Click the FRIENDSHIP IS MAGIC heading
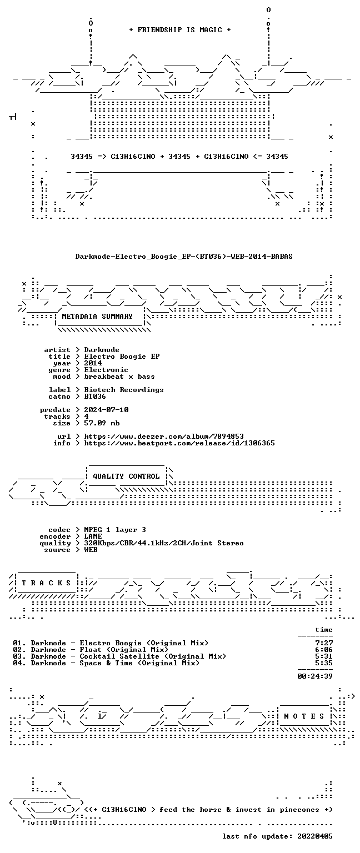tap(180, 29)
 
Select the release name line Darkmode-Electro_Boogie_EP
tap(184, 256)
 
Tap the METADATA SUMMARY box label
tap(97, 316)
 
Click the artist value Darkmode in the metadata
tap(102, 349)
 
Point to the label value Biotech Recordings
tap(124, 389)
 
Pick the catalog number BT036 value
tap(95, 397)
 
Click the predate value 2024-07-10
tap(106, 410)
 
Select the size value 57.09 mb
tap(102, 423)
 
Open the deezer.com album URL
tap(164, 436)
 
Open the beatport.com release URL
tap(179, 443)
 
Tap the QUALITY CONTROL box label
tap(126, 476)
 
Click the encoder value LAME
tap(93, 536)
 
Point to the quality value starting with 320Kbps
tap(164, 543)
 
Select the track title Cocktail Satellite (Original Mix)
tap(153, 656)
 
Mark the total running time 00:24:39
tap(315, 676)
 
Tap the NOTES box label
tap(304, 716)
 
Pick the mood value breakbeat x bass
tap(119, 376)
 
